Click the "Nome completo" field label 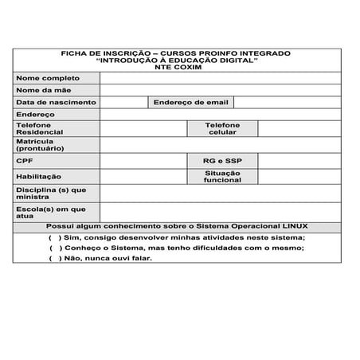pos(48,78)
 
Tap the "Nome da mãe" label pos(44,90)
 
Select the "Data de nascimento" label pos(56,102)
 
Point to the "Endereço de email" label pos(190,102)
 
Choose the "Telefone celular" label pos(222,128)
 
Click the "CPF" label pos(24,160)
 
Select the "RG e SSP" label pos(222,160)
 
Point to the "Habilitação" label pos(38,176)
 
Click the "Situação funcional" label pos(222,176)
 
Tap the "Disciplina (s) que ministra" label pos(51,194)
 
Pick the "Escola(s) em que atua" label pos(49,212)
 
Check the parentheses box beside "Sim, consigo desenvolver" pos(55,237)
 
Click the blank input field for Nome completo pos(223,78)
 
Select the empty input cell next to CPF pos(143,160)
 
